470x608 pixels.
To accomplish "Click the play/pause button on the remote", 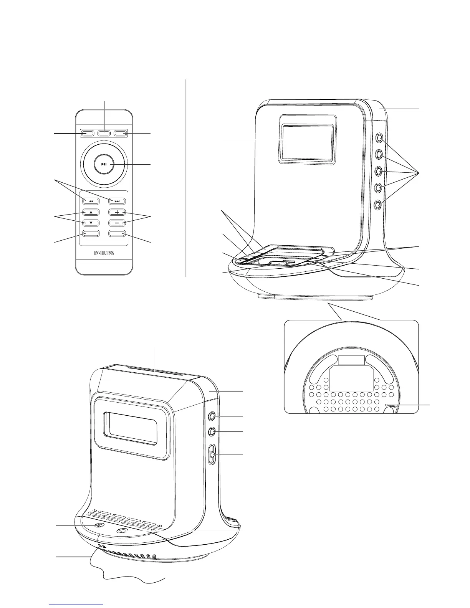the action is (104, 164).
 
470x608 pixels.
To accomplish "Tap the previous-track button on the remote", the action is (91, 201).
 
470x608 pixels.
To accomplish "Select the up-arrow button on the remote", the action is (91, 212).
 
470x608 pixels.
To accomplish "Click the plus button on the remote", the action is (117, 212).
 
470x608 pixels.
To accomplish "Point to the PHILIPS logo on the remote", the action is (104, 253).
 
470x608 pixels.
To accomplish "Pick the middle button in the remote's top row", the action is (104, 134).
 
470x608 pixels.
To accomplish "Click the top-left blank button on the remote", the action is (87, 134).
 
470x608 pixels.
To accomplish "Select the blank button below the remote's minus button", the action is (117, 233).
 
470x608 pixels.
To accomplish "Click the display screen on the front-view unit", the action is (307, 142).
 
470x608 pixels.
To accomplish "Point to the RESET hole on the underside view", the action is (386, 405).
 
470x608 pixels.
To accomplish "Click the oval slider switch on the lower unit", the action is (212, 455).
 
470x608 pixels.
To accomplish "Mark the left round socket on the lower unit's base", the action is (99, 527).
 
